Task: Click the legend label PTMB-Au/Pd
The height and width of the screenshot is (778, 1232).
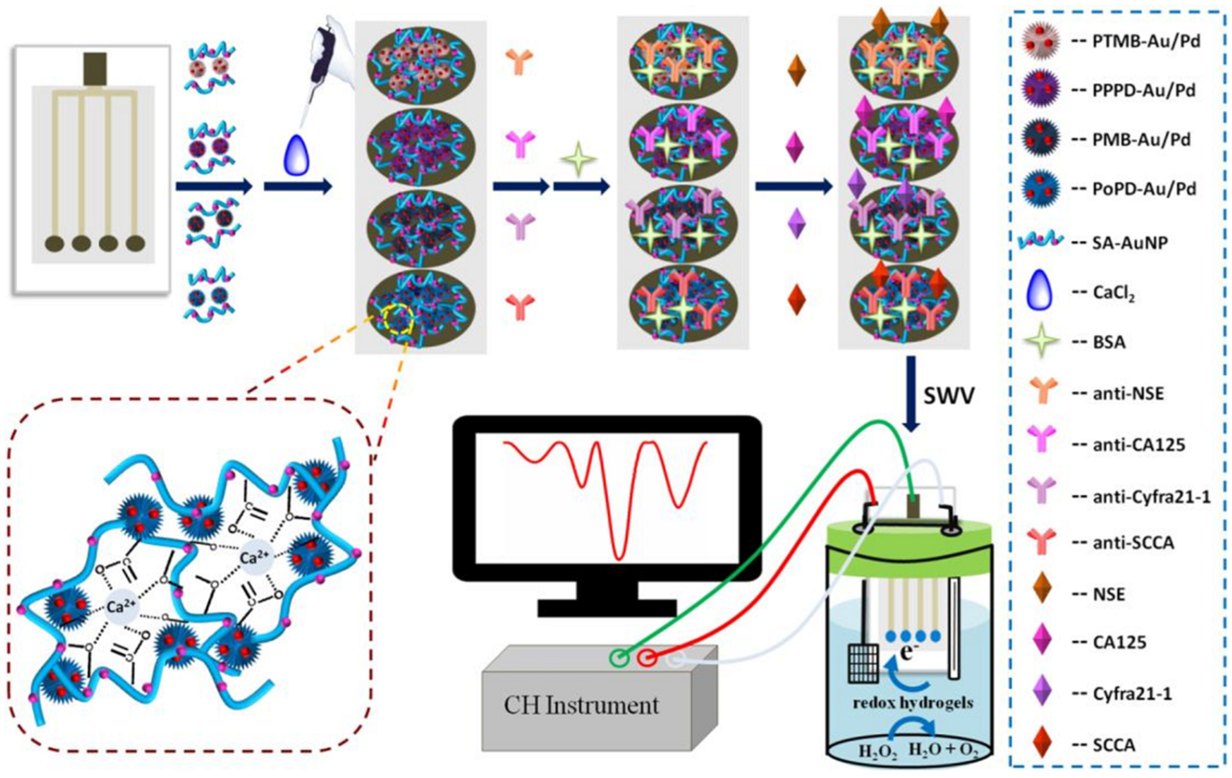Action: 1146,41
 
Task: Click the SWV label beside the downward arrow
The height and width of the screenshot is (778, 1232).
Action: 949,395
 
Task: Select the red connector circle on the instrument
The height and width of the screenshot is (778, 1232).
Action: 647,658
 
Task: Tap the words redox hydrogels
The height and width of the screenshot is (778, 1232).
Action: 913,703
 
